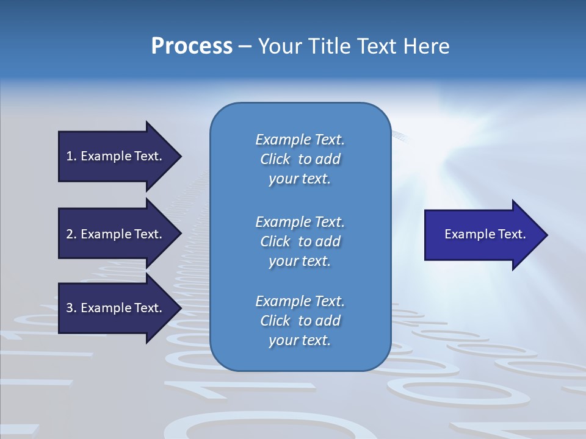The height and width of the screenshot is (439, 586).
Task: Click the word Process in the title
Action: click(192, 46)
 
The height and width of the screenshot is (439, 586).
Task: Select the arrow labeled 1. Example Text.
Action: click(116, 156)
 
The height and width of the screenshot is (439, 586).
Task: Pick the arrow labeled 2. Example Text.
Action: click(116, 234)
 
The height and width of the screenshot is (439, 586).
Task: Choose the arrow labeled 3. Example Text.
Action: click(116, 308)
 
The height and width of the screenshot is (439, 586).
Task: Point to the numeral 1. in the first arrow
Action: click(71, 156)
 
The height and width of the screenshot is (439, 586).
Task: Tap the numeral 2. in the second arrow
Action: click(71, 234)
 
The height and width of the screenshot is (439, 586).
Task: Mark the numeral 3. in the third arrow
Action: click(71, 308)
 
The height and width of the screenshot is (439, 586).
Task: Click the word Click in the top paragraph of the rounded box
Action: click(275, 160)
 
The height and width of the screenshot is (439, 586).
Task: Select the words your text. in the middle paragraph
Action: click(299, 261)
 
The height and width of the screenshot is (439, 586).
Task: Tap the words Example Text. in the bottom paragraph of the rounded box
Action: click(300, 301)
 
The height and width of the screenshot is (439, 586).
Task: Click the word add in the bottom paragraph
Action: click(328, 321)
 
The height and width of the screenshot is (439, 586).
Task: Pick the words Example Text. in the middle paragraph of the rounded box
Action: click(300, 222)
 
